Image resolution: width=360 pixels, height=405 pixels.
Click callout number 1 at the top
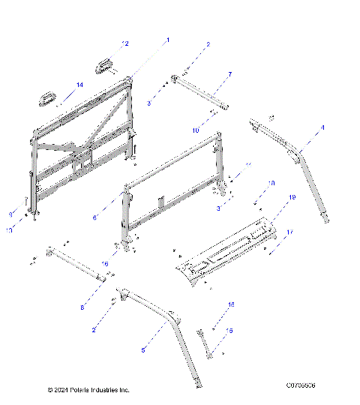pyautogui.click(x=168, y=40)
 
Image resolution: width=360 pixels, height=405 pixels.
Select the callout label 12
pyautogui.click(x=126, y=44)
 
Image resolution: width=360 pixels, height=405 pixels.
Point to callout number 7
pyautogui.click(x=229, y=74)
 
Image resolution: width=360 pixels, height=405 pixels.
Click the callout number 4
pyautogui.click(x=322, y=128)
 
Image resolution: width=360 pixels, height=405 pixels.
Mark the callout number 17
pyautogui.click(x=289, y=232)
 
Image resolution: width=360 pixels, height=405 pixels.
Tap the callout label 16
pyautogui.click(x=106, y=264)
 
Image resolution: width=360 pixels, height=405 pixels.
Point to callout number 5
pyautogui.click(x=144, y=349)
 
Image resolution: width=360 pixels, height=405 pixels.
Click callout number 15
pyautogui.click(x=229, y=331)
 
